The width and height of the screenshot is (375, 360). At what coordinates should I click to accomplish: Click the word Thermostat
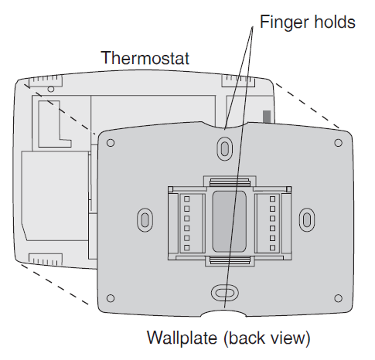point(145,58)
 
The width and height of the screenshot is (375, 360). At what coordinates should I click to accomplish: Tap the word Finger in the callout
point(284,22)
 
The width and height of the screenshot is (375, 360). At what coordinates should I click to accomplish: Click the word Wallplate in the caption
point(182,338)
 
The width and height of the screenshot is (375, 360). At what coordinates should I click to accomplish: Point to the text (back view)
point(267,338)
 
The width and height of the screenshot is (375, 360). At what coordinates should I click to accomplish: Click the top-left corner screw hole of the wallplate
point(111,143)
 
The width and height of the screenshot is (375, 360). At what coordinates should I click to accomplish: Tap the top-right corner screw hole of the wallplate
point(338,143)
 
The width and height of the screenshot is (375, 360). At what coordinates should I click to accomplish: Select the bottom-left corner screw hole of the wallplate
point(111,298)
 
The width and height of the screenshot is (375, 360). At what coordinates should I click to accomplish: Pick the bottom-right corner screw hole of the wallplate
point(338,298)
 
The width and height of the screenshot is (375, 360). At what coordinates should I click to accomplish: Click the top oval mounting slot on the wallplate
point(225,148)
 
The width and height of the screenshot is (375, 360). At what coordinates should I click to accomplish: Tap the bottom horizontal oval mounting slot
point(225,293)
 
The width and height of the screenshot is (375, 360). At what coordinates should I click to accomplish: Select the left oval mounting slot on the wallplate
point(145,220)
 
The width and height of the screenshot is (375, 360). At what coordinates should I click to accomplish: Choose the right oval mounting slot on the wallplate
point(307,220)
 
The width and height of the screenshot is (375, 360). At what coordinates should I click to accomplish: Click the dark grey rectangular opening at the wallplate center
point(229,222)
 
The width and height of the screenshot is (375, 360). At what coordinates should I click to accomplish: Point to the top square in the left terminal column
point(186,199)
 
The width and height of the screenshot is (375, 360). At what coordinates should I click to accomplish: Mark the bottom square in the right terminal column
point(272,248)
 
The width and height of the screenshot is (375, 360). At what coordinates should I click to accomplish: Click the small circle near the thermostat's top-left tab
point(51,89)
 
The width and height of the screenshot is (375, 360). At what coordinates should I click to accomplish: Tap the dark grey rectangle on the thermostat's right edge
point(267,117)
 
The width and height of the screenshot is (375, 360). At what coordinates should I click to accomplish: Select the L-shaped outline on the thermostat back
point(55,124)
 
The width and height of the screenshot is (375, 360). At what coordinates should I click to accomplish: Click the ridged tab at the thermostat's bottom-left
point(46,260)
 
